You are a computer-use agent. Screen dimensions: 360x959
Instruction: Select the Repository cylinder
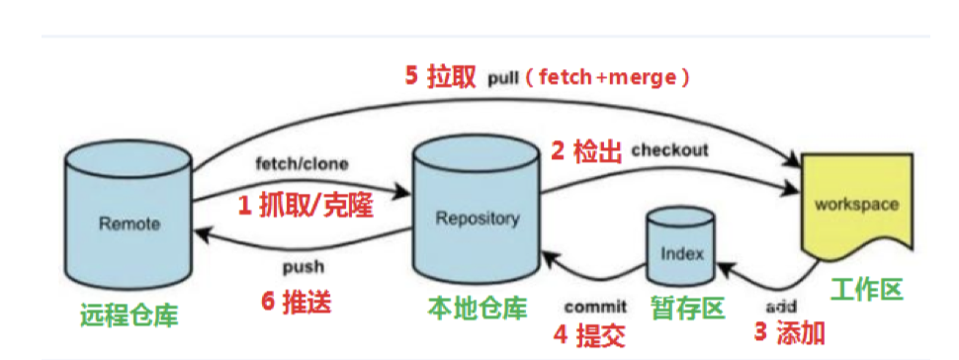tap(477, 219)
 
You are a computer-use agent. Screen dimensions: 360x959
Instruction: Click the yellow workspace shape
tap(855, 207)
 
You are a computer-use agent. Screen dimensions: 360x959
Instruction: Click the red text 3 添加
tap(788, 331)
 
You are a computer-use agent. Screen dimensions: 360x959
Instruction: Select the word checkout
tap(669, 150)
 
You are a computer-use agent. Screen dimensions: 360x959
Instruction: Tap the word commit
tap(596, 307)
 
